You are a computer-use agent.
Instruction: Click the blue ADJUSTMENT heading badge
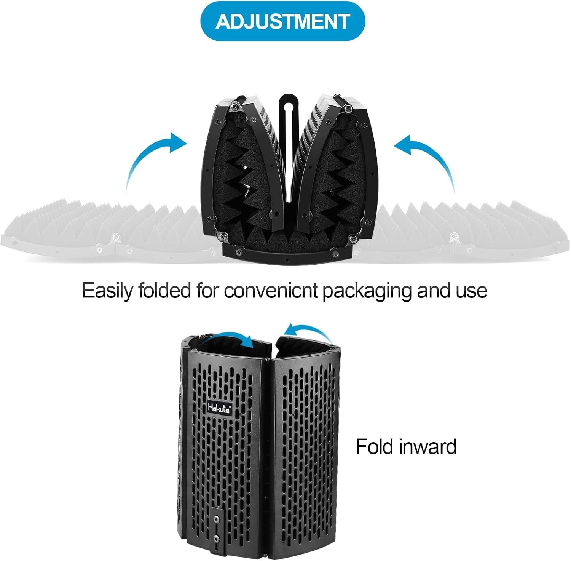click(282, 21)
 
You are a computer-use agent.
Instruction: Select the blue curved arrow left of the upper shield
click(152, 160)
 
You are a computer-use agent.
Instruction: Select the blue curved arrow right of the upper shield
click(428, 160)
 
